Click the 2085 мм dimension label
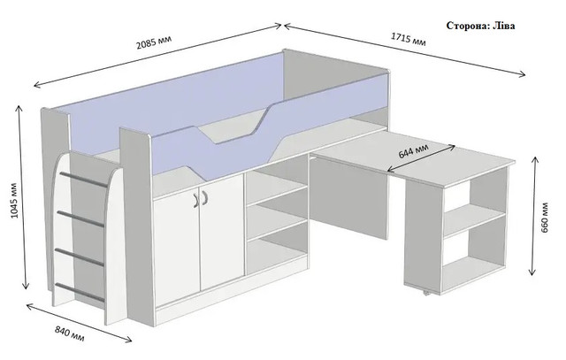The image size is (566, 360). [154, 42]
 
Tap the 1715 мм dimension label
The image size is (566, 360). [409, 39]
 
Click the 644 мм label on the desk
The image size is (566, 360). [414, 151]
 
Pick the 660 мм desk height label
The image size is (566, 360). [545, 218]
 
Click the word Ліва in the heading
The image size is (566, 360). [504, 26]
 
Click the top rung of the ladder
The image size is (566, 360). [84, 180]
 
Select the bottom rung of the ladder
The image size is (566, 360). [80, 293]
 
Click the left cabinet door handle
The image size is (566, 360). [195, 201]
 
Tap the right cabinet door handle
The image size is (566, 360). [205, 197]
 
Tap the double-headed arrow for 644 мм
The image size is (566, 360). [421, 158]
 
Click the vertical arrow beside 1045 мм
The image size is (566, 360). [22, 196]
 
